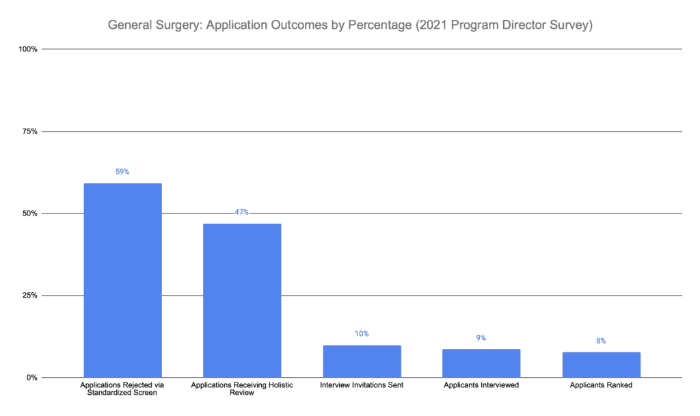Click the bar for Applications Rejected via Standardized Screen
[x=122, y=281]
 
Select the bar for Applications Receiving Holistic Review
[x=241, y=300]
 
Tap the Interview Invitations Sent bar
[x=361, y=361]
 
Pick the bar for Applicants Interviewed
[x=481, y=363]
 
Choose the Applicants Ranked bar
[x=601, y=365]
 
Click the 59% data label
[x=122, y=172]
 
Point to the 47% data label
[x=241, y=212]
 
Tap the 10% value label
[x=361, y=334]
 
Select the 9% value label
[x=481, y=338]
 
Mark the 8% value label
[x=601, y=341]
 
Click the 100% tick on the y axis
[x=28, y=49]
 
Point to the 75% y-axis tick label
[x=29, y=131]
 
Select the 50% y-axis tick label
[x=29, y=213]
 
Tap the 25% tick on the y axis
[x=29, y=296]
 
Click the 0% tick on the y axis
[x=31, y=378]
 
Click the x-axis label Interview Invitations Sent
[x=361, y=385]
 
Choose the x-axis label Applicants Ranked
[x=601, y=385]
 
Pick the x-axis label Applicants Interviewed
[x=481, y=385]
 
